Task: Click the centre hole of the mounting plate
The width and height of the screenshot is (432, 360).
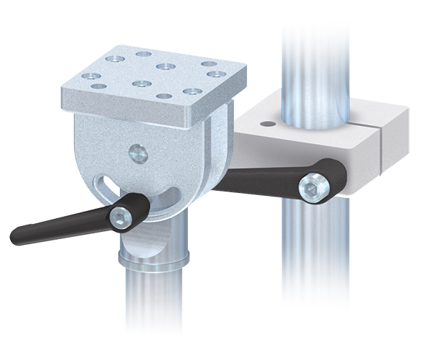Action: (165, 66)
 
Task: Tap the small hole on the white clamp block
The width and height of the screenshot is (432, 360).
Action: (267, 124)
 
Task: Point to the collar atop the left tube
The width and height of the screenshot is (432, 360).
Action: (155, 256)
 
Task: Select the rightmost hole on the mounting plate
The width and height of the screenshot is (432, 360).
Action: (214, 73)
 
